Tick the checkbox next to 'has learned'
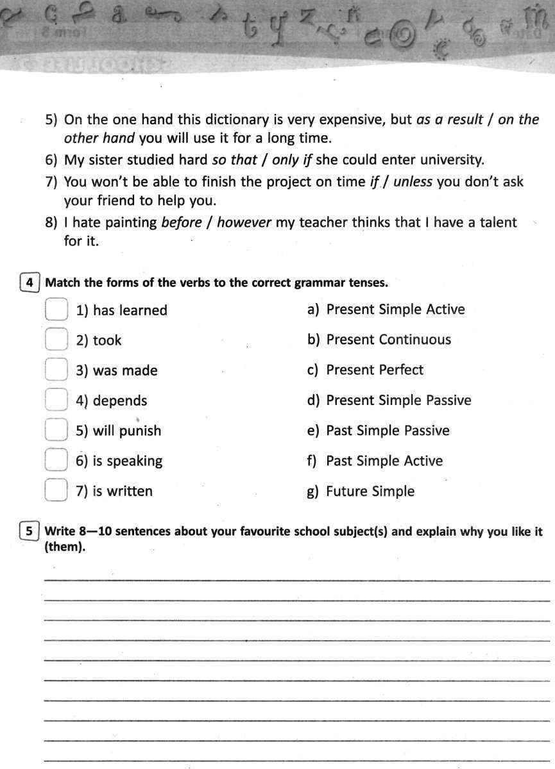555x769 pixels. coord(56,310)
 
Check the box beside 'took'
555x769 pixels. coord(56,340)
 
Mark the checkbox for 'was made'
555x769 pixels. coord(56,370)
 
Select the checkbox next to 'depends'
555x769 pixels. coord(56,401)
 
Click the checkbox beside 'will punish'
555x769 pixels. coord(56,431)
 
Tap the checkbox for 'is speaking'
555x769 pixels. coord(56,461)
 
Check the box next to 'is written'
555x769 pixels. coord(56,491)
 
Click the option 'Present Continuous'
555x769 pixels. coord(388,340)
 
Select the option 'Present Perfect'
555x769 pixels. coord(375,370)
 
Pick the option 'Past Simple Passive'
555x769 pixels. coord(388,431)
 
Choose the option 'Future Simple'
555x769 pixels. coord(370,492)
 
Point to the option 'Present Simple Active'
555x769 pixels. coord(395,310)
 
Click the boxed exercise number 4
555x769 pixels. coord(29,283)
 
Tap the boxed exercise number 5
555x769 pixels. coord(29,531)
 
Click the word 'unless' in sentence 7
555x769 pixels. coord(414,182)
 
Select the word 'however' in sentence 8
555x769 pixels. coord(244,223)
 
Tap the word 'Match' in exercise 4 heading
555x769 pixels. coord(63,283)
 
